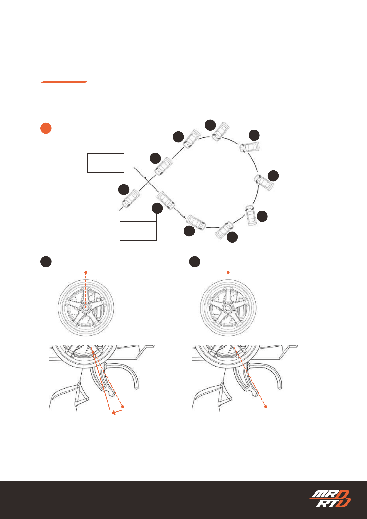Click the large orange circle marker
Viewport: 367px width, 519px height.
click(46, 128)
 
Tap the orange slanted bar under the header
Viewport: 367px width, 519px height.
click(64, 82)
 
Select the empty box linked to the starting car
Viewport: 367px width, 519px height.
click(106, 163)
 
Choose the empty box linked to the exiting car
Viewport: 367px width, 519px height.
click(138, 231)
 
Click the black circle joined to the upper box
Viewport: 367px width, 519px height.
click(124, 190)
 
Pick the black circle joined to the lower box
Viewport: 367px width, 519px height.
click(157, 208)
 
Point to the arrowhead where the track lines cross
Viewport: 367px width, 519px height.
click(145, 178)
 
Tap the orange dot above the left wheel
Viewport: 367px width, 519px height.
click(86, 272)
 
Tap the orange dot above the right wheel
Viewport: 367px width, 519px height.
click(228, 272)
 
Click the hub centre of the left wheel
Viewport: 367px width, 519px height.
click(86, 308)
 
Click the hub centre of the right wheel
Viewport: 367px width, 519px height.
click(228, 308)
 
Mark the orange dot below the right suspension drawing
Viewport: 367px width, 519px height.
click(266, 407)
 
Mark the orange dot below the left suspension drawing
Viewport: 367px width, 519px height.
click(123, 407)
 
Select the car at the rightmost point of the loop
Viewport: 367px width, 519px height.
click(264, 182)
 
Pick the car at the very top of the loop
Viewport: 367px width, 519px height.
click(220, 131)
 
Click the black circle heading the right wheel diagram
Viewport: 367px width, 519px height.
click(195, 262)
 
